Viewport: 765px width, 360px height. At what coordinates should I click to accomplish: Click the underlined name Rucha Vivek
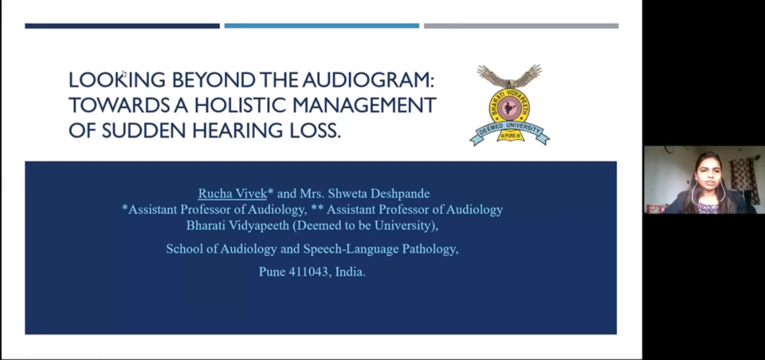pos(232,194)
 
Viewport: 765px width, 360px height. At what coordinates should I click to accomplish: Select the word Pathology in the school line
pos(430,249)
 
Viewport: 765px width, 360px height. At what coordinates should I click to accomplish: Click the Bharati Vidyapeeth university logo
pos(509,104)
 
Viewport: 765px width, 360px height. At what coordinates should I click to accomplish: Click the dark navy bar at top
pos(123,25)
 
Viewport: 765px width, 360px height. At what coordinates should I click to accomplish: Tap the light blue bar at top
pos(321,25)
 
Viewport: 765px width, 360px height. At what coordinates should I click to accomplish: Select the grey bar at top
pos(521,25)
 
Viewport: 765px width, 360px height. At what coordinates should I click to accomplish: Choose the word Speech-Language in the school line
pos(351,249)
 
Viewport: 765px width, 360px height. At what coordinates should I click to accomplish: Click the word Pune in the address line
pos(272,272)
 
